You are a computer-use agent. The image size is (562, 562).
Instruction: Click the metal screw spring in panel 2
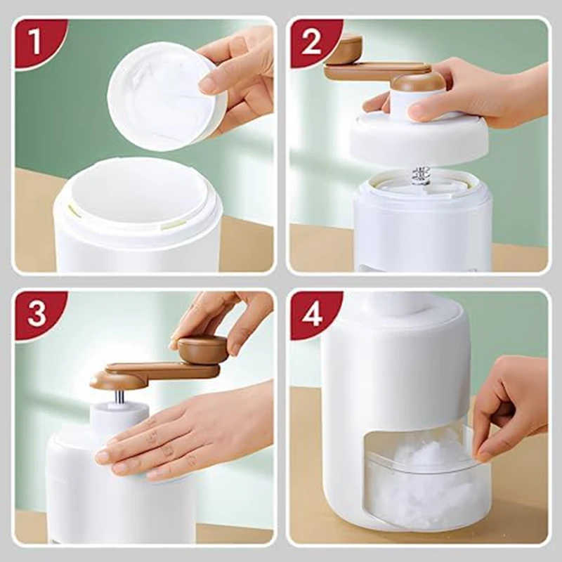coord(420,176)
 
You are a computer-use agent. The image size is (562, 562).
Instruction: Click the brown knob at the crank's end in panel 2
coord(344,49)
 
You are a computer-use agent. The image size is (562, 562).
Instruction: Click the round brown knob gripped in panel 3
coord(202,348)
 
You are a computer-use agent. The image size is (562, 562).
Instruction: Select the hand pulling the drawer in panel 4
coord(509,400)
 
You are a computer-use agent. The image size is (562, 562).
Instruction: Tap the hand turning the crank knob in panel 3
coord(225,316)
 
